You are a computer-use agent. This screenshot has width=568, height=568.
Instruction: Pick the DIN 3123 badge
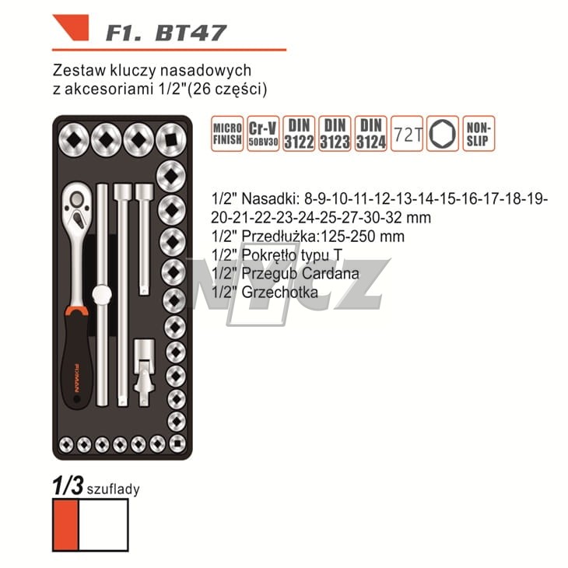coord(334,134)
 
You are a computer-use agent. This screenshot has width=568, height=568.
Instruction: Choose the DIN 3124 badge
coord(370,134)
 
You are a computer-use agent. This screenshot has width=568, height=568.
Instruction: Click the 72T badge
coord(407,135)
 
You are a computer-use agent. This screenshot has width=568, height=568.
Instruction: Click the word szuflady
coord(113,490)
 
